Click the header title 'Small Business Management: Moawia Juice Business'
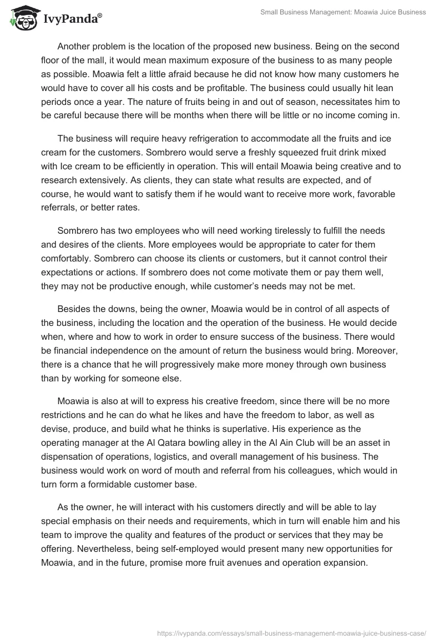(x=343, y=12)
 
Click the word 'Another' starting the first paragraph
(x=75, y=46)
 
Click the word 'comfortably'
(x=67, y=258)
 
